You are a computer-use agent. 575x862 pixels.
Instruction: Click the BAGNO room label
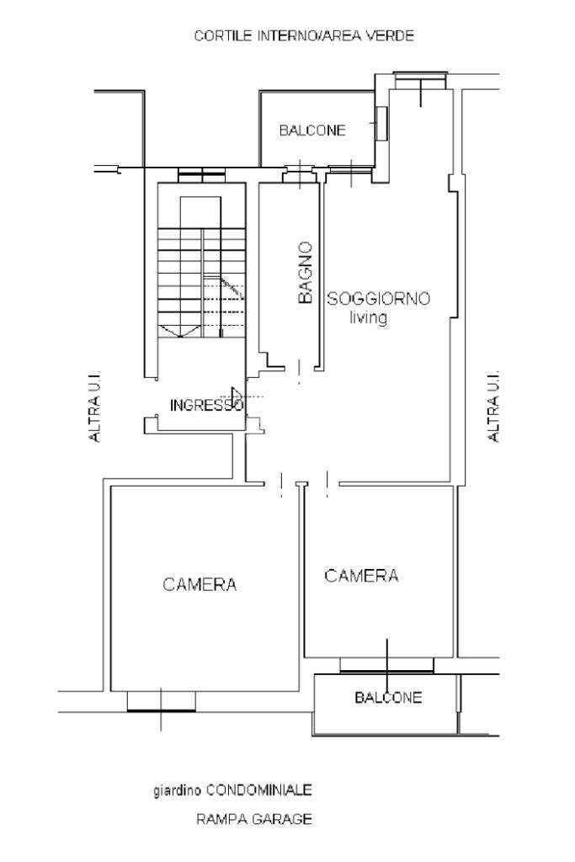pyautogui.click(x=305, y=273)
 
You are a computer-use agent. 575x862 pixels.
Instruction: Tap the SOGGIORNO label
pyautogui.click(x=379, y=299)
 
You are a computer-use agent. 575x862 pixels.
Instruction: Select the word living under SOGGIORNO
pyautogui.click(x=368, y=317)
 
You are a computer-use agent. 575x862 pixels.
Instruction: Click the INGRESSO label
pyautogui.click(x=206, y=406)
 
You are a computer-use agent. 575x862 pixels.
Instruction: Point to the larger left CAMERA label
pyautogui.click(x=200, y=584)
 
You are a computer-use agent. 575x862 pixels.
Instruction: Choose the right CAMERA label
pyautogui.click(x=361, y=576)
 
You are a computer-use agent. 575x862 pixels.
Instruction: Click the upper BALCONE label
pyautogui.click(x=312, y=130)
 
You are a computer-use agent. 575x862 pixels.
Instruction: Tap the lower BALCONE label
pyautogui.click(x=388, y=698)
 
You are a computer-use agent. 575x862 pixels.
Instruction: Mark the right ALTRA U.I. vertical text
pyautogui.click(x=493, y=406)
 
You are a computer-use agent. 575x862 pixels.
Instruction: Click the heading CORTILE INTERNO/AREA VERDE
pyautogui.click(x=304, y=35)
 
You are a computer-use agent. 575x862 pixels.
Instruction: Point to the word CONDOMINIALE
pyautogui.click(x=259, y=790)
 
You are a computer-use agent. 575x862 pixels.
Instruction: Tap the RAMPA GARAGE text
pyautogui.click(x=254, y=819)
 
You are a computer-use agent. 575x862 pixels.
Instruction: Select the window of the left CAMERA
pyautogui.click(x=161, y=701)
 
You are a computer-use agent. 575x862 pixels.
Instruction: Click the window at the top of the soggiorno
pyautogui.click(x=421, y=80)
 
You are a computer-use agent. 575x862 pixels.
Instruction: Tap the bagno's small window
pyautogui.click(x=300, y=173)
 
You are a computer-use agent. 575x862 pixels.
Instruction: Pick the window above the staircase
pyautogui.click(x=202, y=175)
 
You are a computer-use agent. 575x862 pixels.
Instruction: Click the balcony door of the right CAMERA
pyautogui.click(x=386, y=665)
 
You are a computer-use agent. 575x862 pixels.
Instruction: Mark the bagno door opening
pyautogui.click(x=300, y=371)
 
